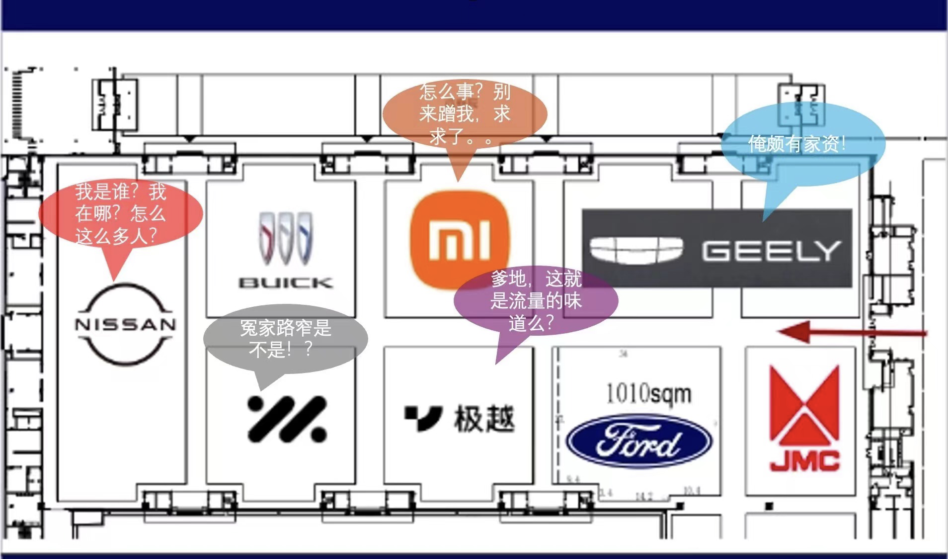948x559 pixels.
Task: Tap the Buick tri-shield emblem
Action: point(286,238)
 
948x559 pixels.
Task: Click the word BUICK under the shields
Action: point(286,283)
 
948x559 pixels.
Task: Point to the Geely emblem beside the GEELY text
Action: point(636,249)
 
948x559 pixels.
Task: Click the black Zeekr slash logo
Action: point(287,419)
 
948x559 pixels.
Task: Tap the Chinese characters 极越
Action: point(483,419)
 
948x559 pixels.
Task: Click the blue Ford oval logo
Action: point(639,442)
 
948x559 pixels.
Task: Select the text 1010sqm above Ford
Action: point(648,393)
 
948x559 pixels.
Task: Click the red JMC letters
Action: point(804,461)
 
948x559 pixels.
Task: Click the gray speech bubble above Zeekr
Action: point(285,339)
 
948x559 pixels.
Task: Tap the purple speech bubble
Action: point(536,300)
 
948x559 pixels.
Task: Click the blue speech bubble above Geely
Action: point(802,144)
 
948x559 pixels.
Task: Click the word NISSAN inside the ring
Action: point(125,325)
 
